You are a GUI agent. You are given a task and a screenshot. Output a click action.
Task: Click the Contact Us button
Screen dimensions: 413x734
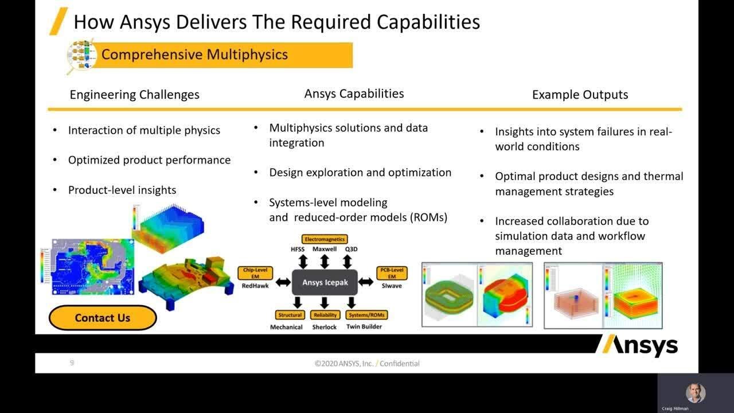pyautogui.click(x=102, y=318)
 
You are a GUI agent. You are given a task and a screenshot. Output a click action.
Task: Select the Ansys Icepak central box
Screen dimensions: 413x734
pyautogui.click(x=325, y=282)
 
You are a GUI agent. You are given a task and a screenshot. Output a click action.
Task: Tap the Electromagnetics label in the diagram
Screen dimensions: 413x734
pyautogui.click(x=325, y=239)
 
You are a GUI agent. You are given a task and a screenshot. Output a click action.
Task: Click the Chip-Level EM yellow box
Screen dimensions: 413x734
pyautogui.click(x=255, y=272)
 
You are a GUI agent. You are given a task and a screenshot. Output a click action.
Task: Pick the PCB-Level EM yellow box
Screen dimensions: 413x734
pyautogui.click(x=392, y=272)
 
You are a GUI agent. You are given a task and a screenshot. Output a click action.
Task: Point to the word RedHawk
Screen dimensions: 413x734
pyautogui.click(x=255, y=285)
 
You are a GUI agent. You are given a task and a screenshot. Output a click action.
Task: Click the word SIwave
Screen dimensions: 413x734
pyautogui.click(x=392, y=285)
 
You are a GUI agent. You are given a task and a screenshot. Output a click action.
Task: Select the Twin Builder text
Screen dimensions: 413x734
pyautogui.click(x=364, y=327)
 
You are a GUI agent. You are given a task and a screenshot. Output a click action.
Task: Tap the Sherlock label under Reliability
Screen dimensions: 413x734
pyautogui.click(x=325, y=327)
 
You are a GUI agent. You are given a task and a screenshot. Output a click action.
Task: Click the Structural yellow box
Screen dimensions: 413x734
pyautogui.click(x=290, y=315)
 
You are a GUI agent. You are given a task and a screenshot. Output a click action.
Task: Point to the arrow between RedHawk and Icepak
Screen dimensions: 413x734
pyautogui.click(x=283, y=282)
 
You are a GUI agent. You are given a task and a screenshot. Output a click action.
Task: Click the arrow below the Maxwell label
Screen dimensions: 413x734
pyautogui.click(x=325, y=262)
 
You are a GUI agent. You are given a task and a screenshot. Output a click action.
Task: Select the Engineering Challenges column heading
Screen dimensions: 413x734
pyautogui.click(x=134, y=95)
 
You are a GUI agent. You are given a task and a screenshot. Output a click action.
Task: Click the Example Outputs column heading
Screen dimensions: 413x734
pyautogui.click(x=580, y=95)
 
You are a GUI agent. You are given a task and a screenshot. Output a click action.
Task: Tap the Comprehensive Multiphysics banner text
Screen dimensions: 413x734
pyautogui.click(x=194, y=54)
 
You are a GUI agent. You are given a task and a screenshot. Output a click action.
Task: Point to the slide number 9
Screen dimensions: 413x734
pyautogui.click(x=72, y=363)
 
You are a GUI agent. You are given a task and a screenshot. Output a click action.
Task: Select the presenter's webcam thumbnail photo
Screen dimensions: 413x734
pyautogui.click(x=695, y=393)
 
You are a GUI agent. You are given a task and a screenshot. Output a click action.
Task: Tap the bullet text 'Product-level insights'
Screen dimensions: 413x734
pyautogui.click(x=122, y=190)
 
